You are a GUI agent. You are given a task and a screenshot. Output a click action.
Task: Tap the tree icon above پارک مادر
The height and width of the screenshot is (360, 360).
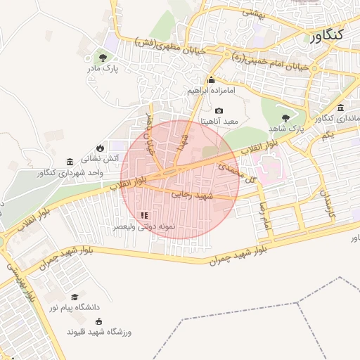pos(103,57)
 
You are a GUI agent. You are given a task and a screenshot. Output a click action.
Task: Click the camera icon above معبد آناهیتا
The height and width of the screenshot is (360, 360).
pos(219,110)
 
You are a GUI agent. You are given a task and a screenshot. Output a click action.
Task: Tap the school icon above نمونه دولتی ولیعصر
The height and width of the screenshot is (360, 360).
pos(144,216)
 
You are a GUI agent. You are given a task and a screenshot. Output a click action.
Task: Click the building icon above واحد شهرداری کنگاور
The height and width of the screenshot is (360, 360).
pos(69,162)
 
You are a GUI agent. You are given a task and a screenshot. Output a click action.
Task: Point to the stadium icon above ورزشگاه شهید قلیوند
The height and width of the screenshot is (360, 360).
pos(98,321)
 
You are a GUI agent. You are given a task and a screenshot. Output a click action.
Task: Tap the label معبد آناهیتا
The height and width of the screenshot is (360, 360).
pos(220,122)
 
